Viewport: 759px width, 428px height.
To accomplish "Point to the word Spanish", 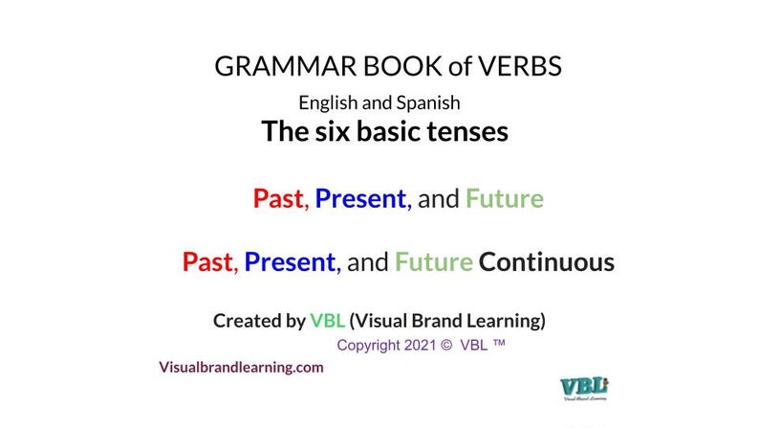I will pyautogui.click(x=430, y=101).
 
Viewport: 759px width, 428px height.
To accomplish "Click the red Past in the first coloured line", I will pyautogui.click(x=279, y=199).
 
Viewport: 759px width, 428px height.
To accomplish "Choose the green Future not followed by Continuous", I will pyautogui.click(x=504, y=199).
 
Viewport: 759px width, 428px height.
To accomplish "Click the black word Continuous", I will pyautogui.click(x=546, y=261).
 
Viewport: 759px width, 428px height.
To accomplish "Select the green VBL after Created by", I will pyautogui.click(x=327, y=321).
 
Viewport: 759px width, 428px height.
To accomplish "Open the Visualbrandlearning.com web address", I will pyautogui.click(x=241, y=367).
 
